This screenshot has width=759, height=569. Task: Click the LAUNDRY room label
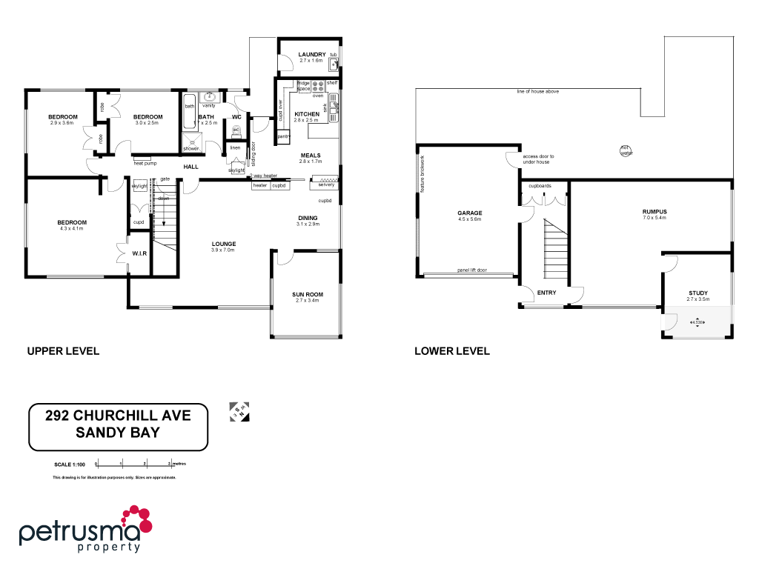[312, 55]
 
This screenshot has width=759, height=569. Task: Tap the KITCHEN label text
[306, 113]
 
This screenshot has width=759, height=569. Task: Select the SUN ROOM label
[306, 294]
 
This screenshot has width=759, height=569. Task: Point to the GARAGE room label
[469, 213]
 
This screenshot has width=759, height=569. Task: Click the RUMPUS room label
[654, 212]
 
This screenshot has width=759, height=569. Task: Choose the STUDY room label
[698, 293]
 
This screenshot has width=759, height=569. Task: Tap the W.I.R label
[139, 253]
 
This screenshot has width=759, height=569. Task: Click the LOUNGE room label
[223, 244]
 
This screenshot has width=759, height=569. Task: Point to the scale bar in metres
[133, 464]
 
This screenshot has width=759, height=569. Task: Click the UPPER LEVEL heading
[63, 350]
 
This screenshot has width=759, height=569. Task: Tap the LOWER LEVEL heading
[452, 350]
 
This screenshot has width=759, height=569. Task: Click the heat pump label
[145, 162]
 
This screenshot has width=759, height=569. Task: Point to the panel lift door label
[471, 270]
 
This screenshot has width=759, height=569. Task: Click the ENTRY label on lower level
[546, 293]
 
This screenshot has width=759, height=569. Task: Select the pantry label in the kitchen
[283, 137]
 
